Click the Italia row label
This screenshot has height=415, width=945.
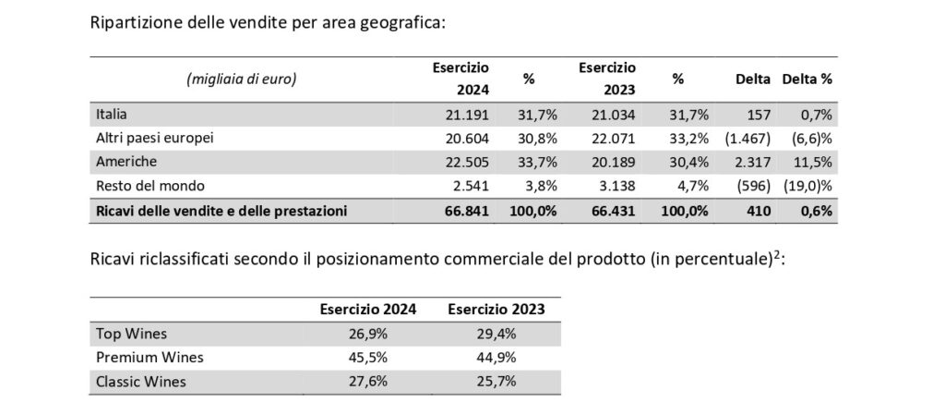112,114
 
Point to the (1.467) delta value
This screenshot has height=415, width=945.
748,138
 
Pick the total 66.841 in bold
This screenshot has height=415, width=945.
467,211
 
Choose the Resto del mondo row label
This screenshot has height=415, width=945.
150,187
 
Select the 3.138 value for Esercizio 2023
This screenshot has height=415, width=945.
616,187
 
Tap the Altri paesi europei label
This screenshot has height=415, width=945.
155,138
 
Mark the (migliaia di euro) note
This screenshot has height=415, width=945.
242,79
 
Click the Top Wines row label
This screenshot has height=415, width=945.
131,334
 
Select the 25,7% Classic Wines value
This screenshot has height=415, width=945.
496,382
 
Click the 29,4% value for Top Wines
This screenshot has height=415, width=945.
496,334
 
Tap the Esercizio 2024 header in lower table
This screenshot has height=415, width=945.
368,310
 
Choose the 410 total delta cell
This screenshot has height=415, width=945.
759,211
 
